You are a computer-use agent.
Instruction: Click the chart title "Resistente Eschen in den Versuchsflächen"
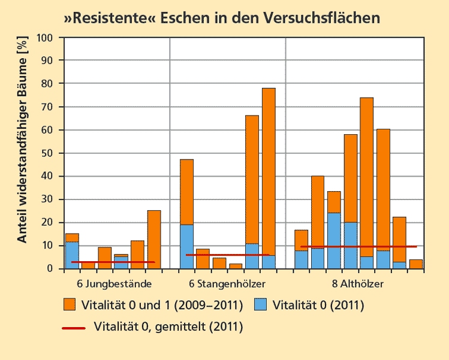coord(222,17)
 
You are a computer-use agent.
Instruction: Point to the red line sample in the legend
coord(73,327)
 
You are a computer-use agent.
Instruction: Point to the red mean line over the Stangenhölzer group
coord(227,255)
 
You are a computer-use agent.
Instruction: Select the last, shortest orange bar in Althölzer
coord(416,264)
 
